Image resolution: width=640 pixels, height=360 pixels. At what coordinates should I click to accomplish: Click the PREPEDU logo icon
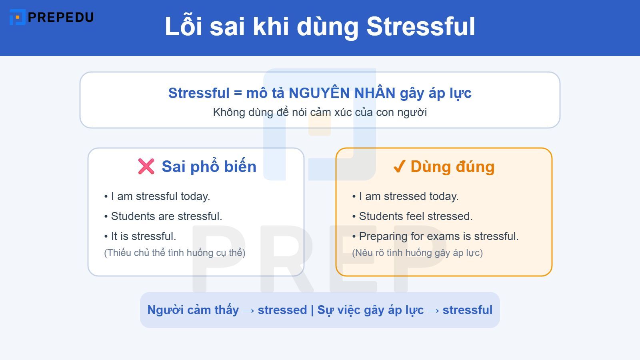click(x=17, y=17)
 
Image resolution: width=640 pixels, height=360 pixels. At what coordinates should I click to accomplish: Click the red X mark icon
click(x=146, y=166)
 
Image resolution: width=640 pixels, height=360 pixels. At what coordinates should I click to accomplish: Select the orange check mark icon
click(x=399, y=166)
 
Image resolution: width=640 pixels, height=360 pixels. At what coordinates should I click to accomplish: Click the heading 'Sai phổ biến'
click(x=209, y=166)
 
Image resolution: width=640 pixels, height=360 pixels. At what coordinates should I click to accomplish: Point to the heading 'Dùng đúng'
click(x=452, y=166)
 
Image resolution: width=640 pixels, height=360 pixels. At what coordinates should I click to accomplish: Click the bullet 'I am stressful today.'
click(x=160, y=196)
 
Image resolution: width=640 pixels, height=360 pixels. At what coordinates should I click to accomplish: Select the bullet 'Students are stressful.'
click(x=166, y=216)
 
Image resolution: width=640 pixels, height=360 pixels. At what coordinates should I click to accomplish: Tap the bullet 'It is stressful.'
click(x=143, y=236)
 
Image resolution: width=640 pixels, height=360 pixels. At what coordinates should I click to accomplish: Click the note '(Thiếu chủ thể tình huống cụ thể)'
click(x=175, y=253)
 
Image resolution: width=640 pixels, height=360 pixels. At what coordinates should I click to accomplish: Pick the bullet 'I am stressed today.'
click(x=408, y=196)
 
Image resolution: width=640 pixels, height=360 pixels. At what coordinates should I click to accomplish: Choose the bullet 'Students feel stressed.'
click(x=416, y=216)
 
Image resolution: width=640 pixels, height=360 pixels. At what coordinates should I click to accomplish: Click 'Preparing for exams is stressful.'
click(x=438, y=236)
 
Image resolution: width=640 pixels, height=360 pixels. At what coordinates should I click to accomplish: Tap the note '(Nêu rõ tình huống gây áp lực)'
click(x=417, y=253)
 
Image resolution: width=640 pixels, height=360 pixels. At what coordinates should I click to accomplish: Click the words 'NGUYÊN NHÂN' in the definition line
click(x=342, y=93)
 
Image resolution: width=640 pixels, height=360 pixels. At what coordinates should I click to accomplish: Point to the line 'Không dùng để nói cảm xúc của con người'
click(x=320, y=112)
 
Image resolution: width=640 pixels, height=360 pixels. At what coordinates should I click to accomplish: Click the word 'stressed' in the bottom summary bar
click(x=282, y=310)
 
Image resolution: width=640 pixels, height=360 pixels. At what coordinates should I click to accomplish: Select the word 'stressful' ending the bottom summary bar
click(x=467, y=310)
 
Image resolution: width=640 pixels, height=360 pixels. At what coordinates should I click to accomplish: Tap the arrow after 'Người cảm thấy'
click(x=248, y=310)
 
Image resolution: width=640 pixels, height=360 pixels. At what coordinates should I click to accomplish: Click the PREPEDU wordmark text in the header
click(x=61, y=17)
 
